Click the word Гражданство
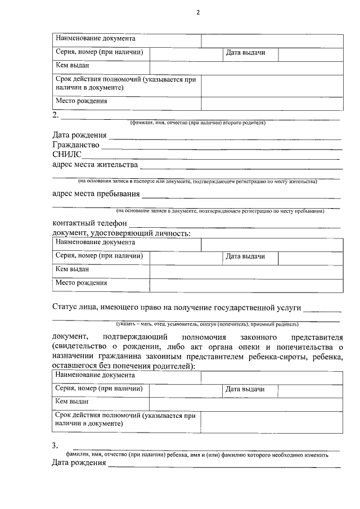[x=76, y=145]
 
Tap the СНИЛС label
[x=67, y=155]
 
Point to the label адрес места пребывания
[x=96, y=194]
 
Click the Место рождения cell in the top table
[x=81, y=101]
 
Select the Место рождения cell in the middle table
[x=81, y=283]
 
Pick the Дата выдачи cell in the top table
[x=245, y=53]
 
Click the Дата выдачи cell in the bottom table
[x=245, y=389]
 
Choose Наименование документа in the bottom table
[x=95, y=375]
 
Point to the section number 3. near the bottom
[x=55, y=446]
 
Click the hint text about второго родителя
[x=197, y=122]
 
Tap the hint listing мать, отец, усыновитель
[x=208, y=324]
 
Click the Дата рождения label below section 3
[x=79, y=463]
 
